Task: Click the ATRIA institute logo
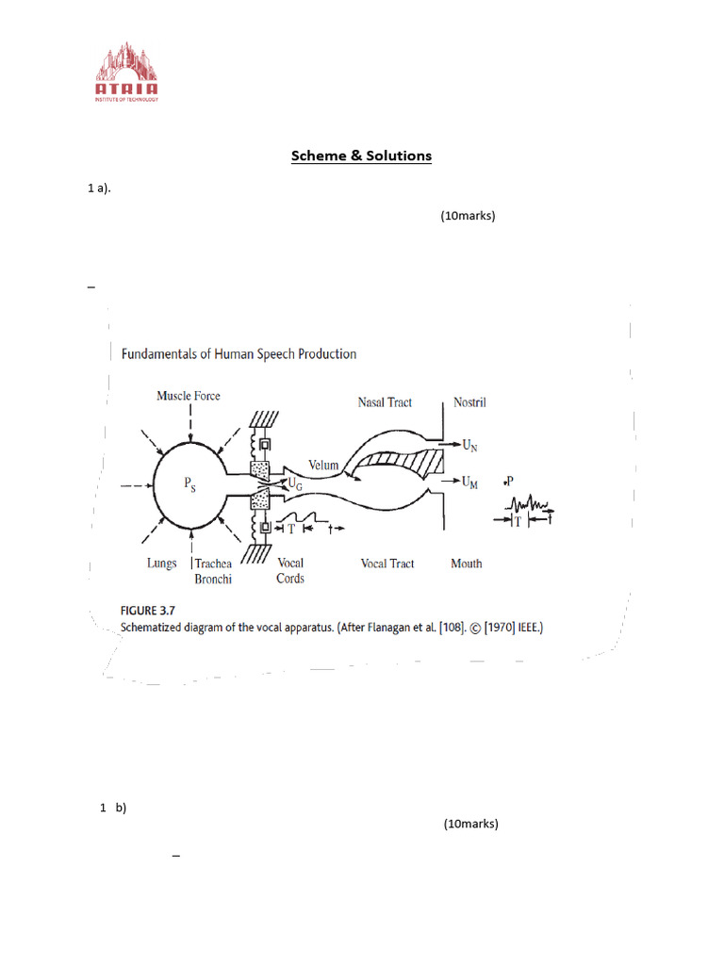[125, 72]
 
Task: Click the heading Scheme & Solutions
[361, 155]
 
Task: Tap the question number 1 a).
[99, 188]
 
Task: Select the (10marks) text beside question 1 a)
[468, 216]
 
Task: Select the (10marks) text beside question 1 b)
[470, 824]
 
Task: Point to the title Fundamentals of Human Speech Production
[239, 354]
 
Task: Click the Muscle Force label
[189, 396]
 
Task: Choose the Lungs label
[161, 564]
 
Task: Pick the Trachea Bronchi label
[213, 571]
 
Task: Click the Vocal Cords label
[290, 571]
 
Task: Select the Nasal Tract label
[385, 402]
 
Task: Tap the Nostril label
[469, 402]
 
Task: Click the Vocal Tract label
[387, 564]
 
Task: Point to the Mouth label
[467, 564]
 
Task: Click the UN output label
[469, 444]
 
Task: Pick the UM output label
[469, 482]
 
